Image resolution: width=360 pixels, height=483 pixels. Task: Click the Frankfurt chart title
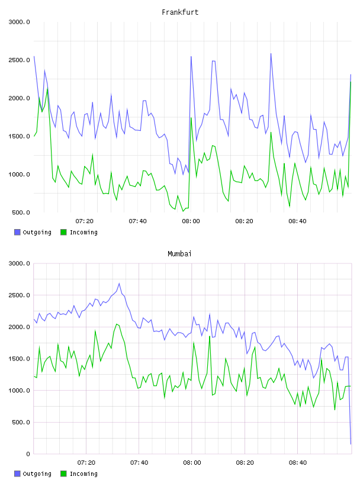click(x=180, y=12)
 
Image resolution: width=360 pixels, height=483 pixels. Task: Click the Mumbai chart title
click(x=179, y=254)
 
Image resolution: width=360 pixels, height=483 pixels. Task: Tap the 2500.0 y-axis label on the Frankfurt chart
click(x=19, y=60)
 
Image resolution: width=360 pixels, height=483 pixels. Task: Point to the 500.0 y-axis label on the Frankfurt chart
click(x=21, y=212)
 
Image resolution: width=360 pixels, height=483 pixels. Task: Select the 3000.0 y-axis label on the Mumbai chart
click(x=19, y=263)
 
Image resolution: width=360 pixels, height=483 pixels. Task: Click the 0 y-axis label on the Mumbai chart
click(x=28, y=454)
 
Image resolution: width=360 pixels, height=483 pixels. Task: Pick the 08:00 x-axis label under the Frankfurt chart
click(x=191, y=221)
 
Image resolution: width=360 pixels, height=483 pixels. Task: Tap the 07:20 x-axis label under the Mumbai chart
click(x=86, y=463)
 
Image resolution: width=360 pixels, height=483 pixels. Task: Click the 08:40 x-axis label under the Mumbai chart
click(x=297, y=463)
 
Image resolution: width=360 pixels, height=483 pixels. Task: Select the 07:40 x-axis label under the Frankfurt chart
click(x=137, y=221)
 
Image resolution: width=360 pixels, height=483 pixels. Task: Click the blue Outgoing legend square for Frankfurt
click(x=17, y=232)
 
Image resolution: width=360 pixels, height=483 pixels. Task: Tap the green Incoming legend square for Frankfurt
click(x=63, y=232)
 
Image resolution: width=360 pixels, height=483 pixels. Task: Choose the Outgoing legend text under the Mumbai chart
click(x=37, y=474)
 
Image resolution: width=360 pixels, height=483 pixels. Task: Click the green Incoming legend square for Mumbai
click(x=63, y=474)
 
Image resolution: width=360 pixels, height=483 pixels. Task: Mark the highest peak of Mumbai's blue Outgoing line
click(x=119, y=284)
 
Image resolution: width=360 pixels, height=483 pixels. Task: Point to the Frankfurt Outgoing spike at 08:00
click(x=191, y=57)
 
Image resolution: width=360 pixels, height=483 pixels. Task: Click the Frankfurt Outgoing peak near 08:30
click(x=271, y=54)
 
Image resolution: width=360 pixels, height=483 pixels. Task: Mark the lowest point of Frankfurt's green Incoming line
click(x=183, y=211)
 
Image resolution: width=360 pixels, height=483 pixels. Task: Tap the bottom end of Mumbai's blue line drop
click(x=351, y=444)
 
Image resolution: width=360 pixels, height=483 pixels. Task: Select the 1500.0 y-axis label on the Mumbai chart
click(x=19, y=359)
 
